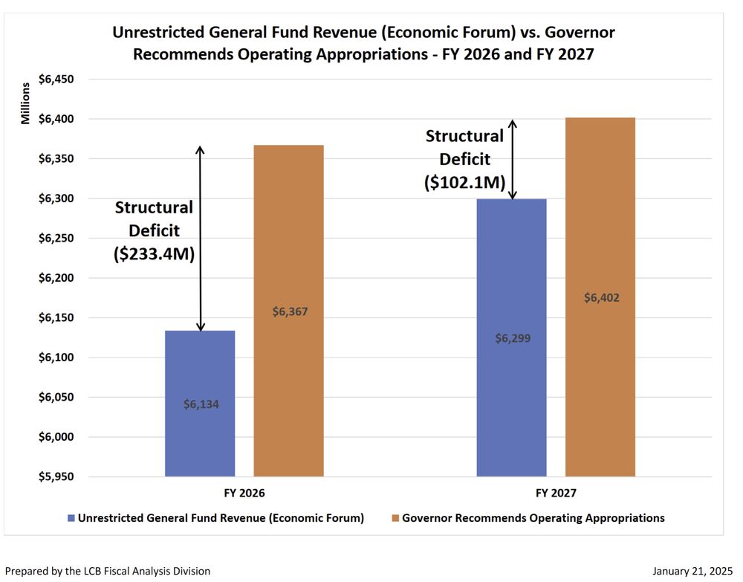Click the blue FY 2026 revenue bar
[x=200, y=372]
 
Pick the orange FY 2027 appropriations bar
[x=600, y=357]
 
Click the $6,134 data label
[x=201, y=404]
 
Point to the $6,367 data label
[x=289, y=311]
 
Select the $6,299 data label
[x=513, y=338]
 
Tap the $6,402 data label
[x=601, y=297]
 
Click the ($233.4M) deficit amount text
[x=154, y=254]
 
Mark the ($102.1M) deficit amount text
[x=464, y=182]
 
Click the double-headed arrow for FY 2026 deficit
[x=200, y=238]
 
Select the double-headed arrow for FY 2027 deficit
[x=511, y=159]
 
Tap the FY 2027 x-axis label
[x=556, y=493]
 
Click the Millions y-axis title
[x=26, y=104]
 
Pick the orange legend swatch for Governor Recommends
[x=395, y=518]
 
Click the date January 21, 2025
[x=692, y=571]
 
